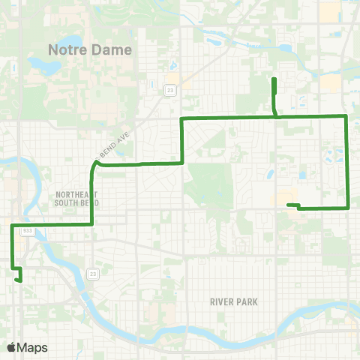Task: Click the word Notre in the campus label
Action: click(x=67, y=50)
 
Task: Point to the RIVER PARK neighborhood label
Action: click(x=234, y=302)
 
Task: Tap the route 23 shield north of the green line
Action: click(x=170, y=88)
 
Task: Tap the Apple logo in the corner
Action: click(x=11, y=347)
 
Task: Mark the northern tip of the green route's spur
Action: click(x=274, y=79)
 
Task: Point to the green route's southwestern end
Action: click(x=18, y=280)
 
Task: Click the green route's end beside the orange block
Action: click(x=289, y=204)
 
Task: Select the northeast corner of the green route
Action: click(x=345, y=115)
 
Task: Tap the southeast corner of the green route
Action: click(x=348, y=207)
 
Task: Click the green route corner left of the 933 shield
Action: click(x=12, y=225)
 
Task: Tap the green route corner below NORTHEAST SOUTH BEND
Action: click(x=91, y=223)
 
